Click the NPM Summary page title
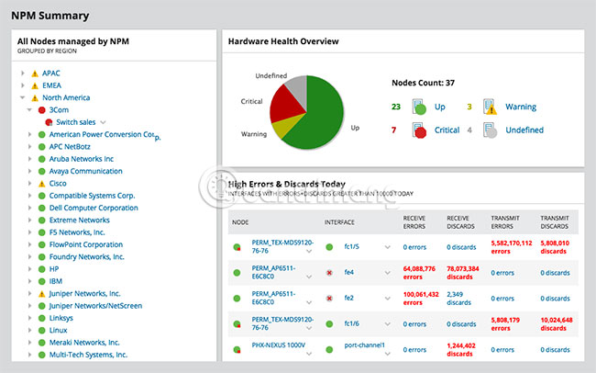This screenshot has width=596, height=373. click(50, 15)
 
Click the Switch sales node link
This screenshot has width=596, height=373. click(76, 121)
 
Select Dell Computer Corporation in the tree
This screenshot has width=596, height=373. click(94, 208)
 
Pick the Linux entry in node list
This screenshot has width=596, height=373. click(59, 330)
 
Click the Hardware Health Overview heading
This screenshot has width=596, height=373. click(283, 41)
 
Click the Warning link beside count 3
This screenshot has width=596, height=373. click(521, 107)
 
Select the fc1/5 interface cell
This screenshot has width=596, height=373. click(350, 247)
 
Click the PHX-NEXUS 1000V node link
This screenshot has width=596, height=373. click(280, 345)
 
